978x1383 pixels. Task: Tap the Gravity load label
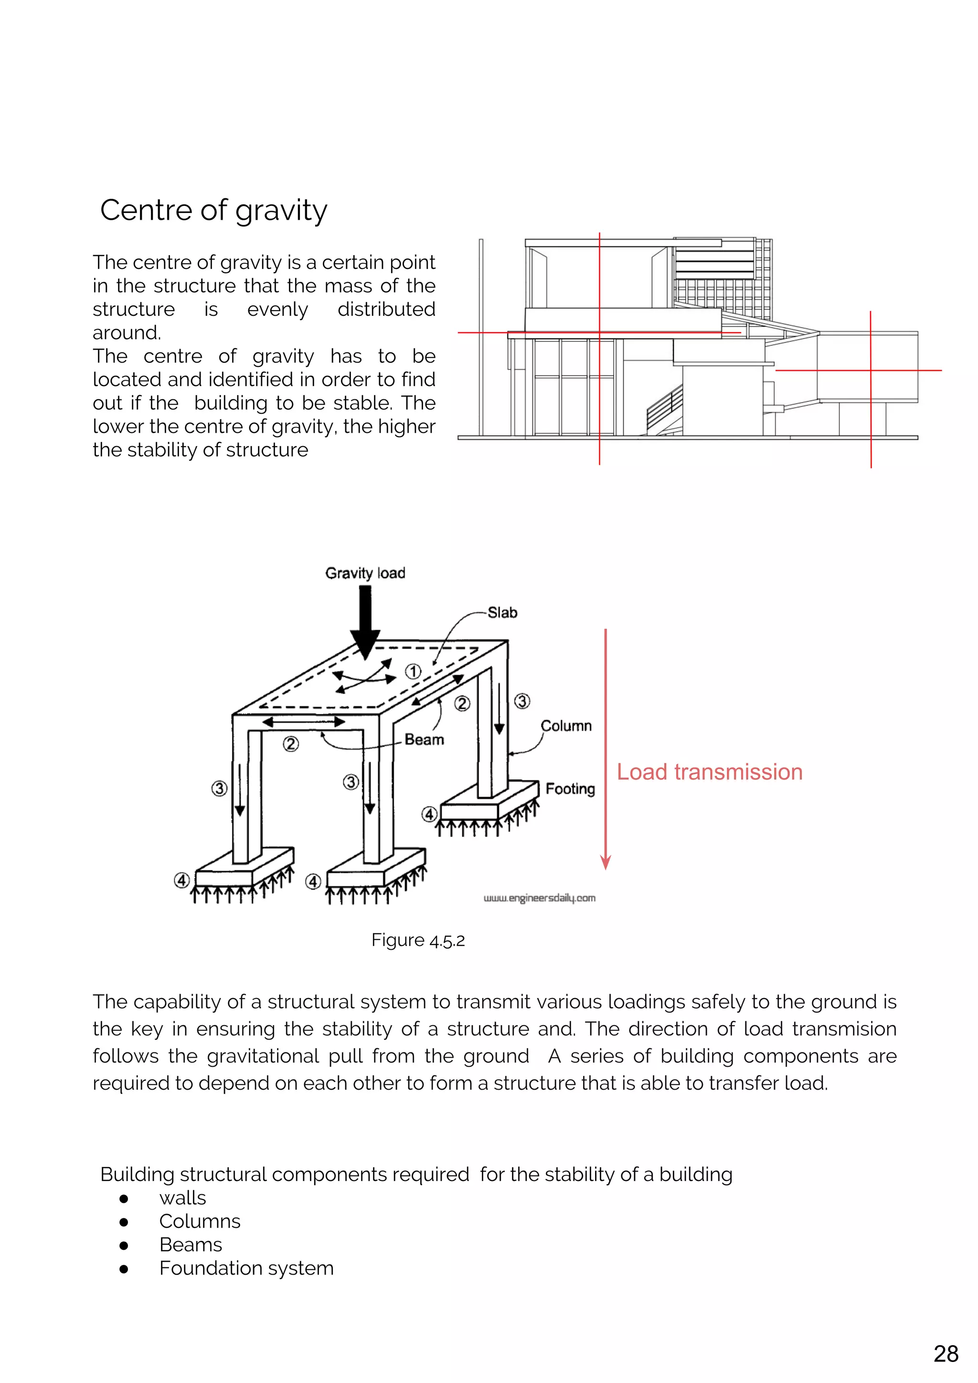pyautogui.click(x=365, y=573)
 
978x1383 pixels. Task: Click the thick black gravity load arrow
pyautogui.click(x=365, y=621)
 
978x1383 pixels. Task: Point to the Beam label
pyautogui.click(x=424, y=740)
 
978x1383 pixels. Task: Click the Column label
pyautogui.click(x=565, y=726)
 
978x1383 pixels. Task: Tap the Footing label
pyautogui.click(x=570, y=789)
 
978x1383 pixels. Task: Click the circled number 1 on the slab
pyautogui.click(x=413, y=672)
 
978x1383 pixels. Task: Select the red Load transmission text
pyautogui.click(x=710, y=772)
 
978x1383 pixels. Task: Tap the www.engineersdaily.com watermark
pyautogui.click(x=539, y=898)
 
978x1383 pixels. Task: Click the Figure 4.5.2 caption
pyautogui.click(x=418, y=940)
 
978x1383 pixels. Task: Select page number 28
pyautogui.click(x=946, y=1354)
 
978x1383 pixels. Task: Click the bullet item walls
pyautogui.click(x=182, y=1198)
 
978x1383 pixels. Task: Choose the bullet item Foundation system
pyautogui.click(x=246, y=1268)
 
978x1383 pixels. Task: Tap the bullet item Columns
pyautogui.click(x=199, y=1221)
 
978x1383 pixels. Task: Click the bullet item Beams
pyautogui.click(x=191, y=1244)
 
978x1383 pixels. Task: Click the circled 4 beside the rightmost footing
pyautogui.click(x=429, y=815)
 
